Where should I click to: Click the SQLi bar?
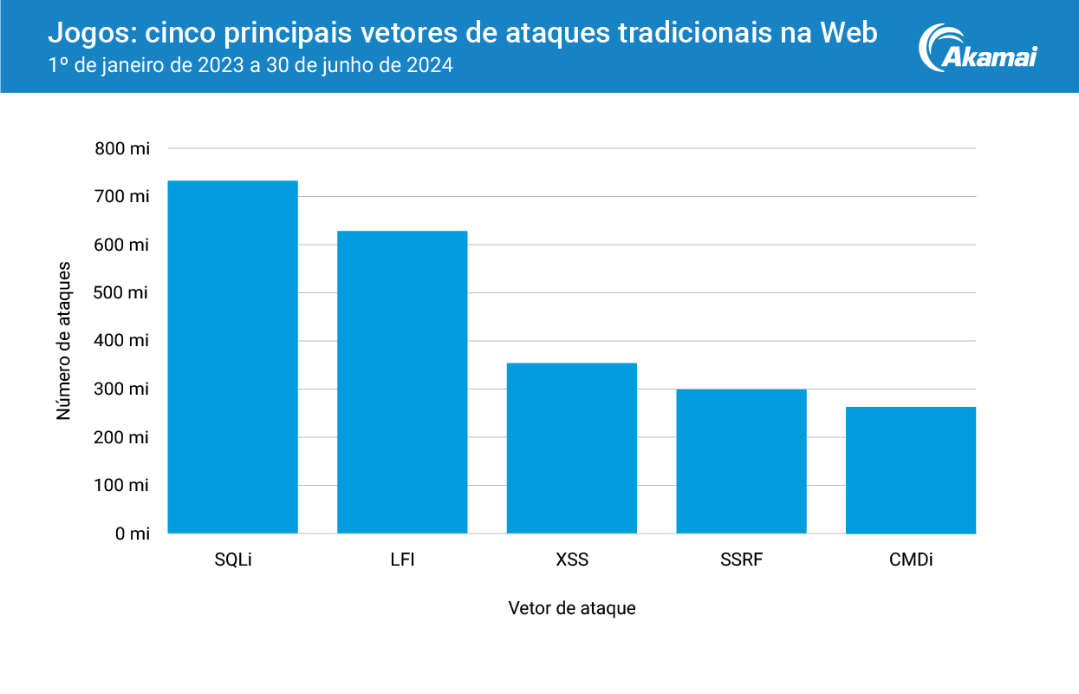(232, 357)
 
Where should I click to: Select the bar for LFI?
(402, 382)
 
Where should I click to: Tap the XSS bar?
(572, 448)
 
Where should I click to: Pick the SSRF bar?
(741, 461)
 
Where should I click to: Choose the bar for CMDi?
(911, 469)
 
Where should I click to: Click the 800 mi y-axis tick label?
(122, 148)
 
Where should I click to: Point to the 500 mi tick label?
(122, 293)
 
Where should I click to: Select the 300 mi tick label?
(122, 390)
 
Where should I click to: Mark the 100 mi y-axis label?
(122, 486)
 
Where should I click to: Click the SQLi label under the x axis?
(232, 560)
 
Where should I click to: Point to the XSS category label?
(572, 560)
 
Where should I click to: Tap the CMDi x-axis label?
(911, 560)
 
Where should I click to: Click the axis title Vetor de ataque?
(572, 608)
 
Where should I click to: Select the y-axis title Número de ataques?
(63, 340)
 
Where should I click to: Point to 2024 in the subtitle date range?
(430, 66)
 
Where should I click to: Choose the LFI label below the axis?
(402, 560)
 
